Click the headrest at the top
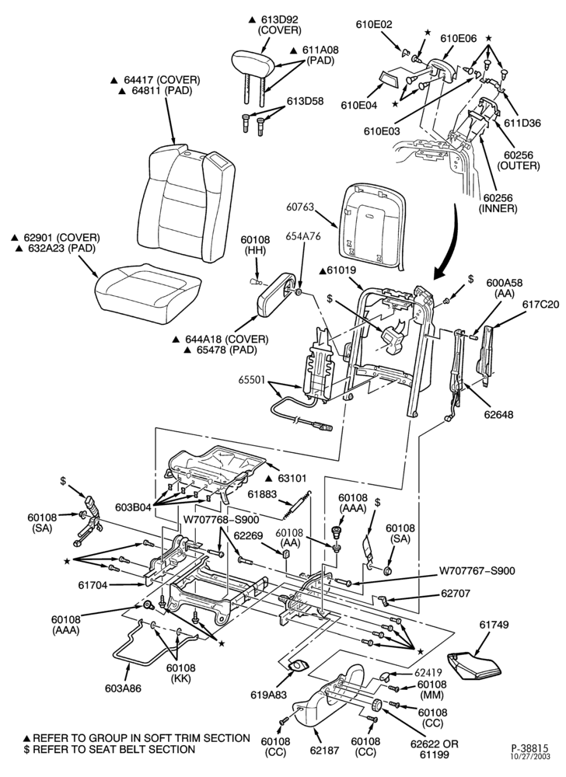[253, 64]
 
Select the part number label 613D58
[306, 101]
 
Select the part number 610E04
[359, 105]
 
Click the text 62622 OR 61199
[435, 749]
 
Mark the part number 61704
[93, 585]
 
